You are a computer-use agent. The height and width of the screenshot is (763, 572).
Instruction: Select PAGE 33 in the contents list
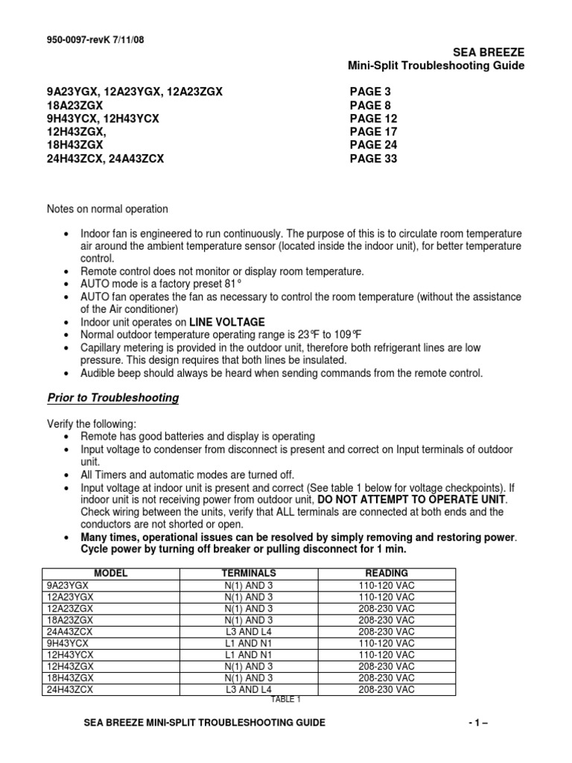point(373,159)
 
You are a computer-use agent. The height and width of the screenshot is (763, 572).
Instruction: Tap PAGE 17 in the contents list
point(373,132)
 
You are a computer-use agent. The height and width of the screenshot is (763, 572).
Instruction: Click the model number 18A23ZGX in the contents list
point(74,105)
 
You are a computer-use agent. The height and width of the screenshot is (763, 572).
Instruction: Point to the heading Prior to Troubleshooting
point(112,398)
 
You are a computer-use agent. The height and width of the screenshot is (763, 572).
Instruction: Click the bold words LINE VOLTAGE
point(227,322)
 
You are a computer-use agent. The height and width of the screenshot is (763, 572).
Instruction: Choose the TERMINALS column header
point(249,573)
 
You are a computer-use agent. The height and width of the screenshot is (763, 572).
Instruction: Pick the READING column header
point(386,573)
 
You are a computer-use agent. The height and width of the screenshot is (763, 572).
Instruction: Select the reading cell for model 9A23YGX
point(386,585)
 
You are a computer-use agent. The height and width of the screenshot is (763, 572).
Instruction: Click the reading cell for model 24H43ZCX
point(386,689)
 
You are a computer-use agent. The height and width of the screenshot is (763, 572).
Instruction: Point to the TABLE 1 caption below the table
point(285,700)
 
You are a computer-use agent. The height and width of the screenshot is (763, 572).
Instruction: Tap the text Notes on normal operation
point(108,209)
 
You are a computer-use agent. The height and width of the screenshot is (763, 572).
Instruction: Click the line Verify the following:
point(92,423)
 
